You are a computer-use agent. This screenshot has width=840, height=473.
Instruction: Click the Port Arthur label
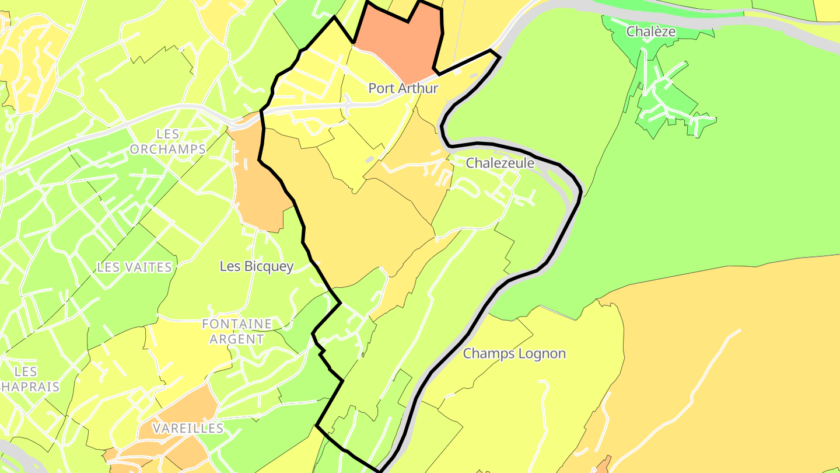coord(403,88)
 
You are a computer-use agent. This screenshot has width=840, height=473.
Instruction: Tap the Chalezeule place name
coord(500,163)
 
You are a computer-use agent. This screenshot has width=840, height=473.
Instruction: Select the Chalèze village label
coord(651,32)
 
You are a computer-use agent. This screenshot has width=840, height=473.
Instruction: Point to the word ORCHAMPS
coord(168,149)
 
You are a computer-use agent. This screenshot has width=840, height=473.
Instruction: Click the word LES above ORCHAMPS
coord(168,134)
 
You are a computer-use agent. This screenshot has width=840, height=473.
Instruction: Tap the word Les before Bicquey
coord(230,266)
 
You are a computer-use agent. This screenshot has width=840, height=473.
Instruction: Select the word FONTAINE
coord(237,324)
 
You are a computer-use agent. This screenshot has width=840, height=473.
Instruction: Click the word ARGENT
coord(237,339)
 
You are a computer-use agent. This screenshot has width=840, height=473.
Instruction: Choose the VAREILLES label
coord(188,428)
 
